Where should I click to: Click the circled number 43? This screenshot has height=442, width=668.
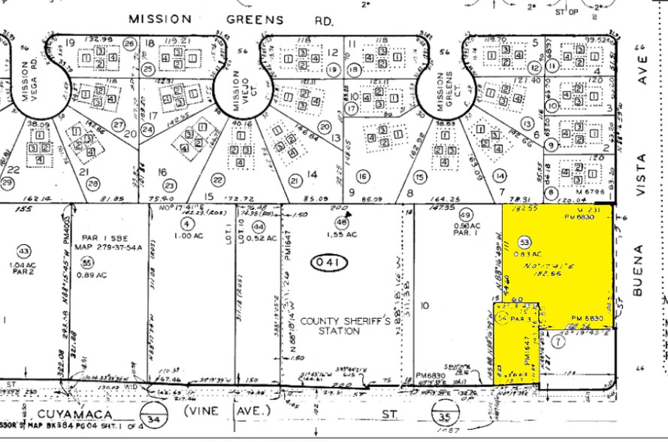pos(25,251)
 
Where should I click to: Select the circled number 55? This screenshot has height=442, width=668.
pos(87,262)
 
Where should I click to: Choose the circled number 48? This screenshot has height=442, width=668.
pos(343,223)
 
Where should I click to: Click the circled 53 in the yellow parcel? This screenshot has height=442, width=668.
pos(524,242)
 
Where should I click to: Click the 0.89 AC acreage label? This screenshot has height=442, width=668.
pos(93,275)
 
